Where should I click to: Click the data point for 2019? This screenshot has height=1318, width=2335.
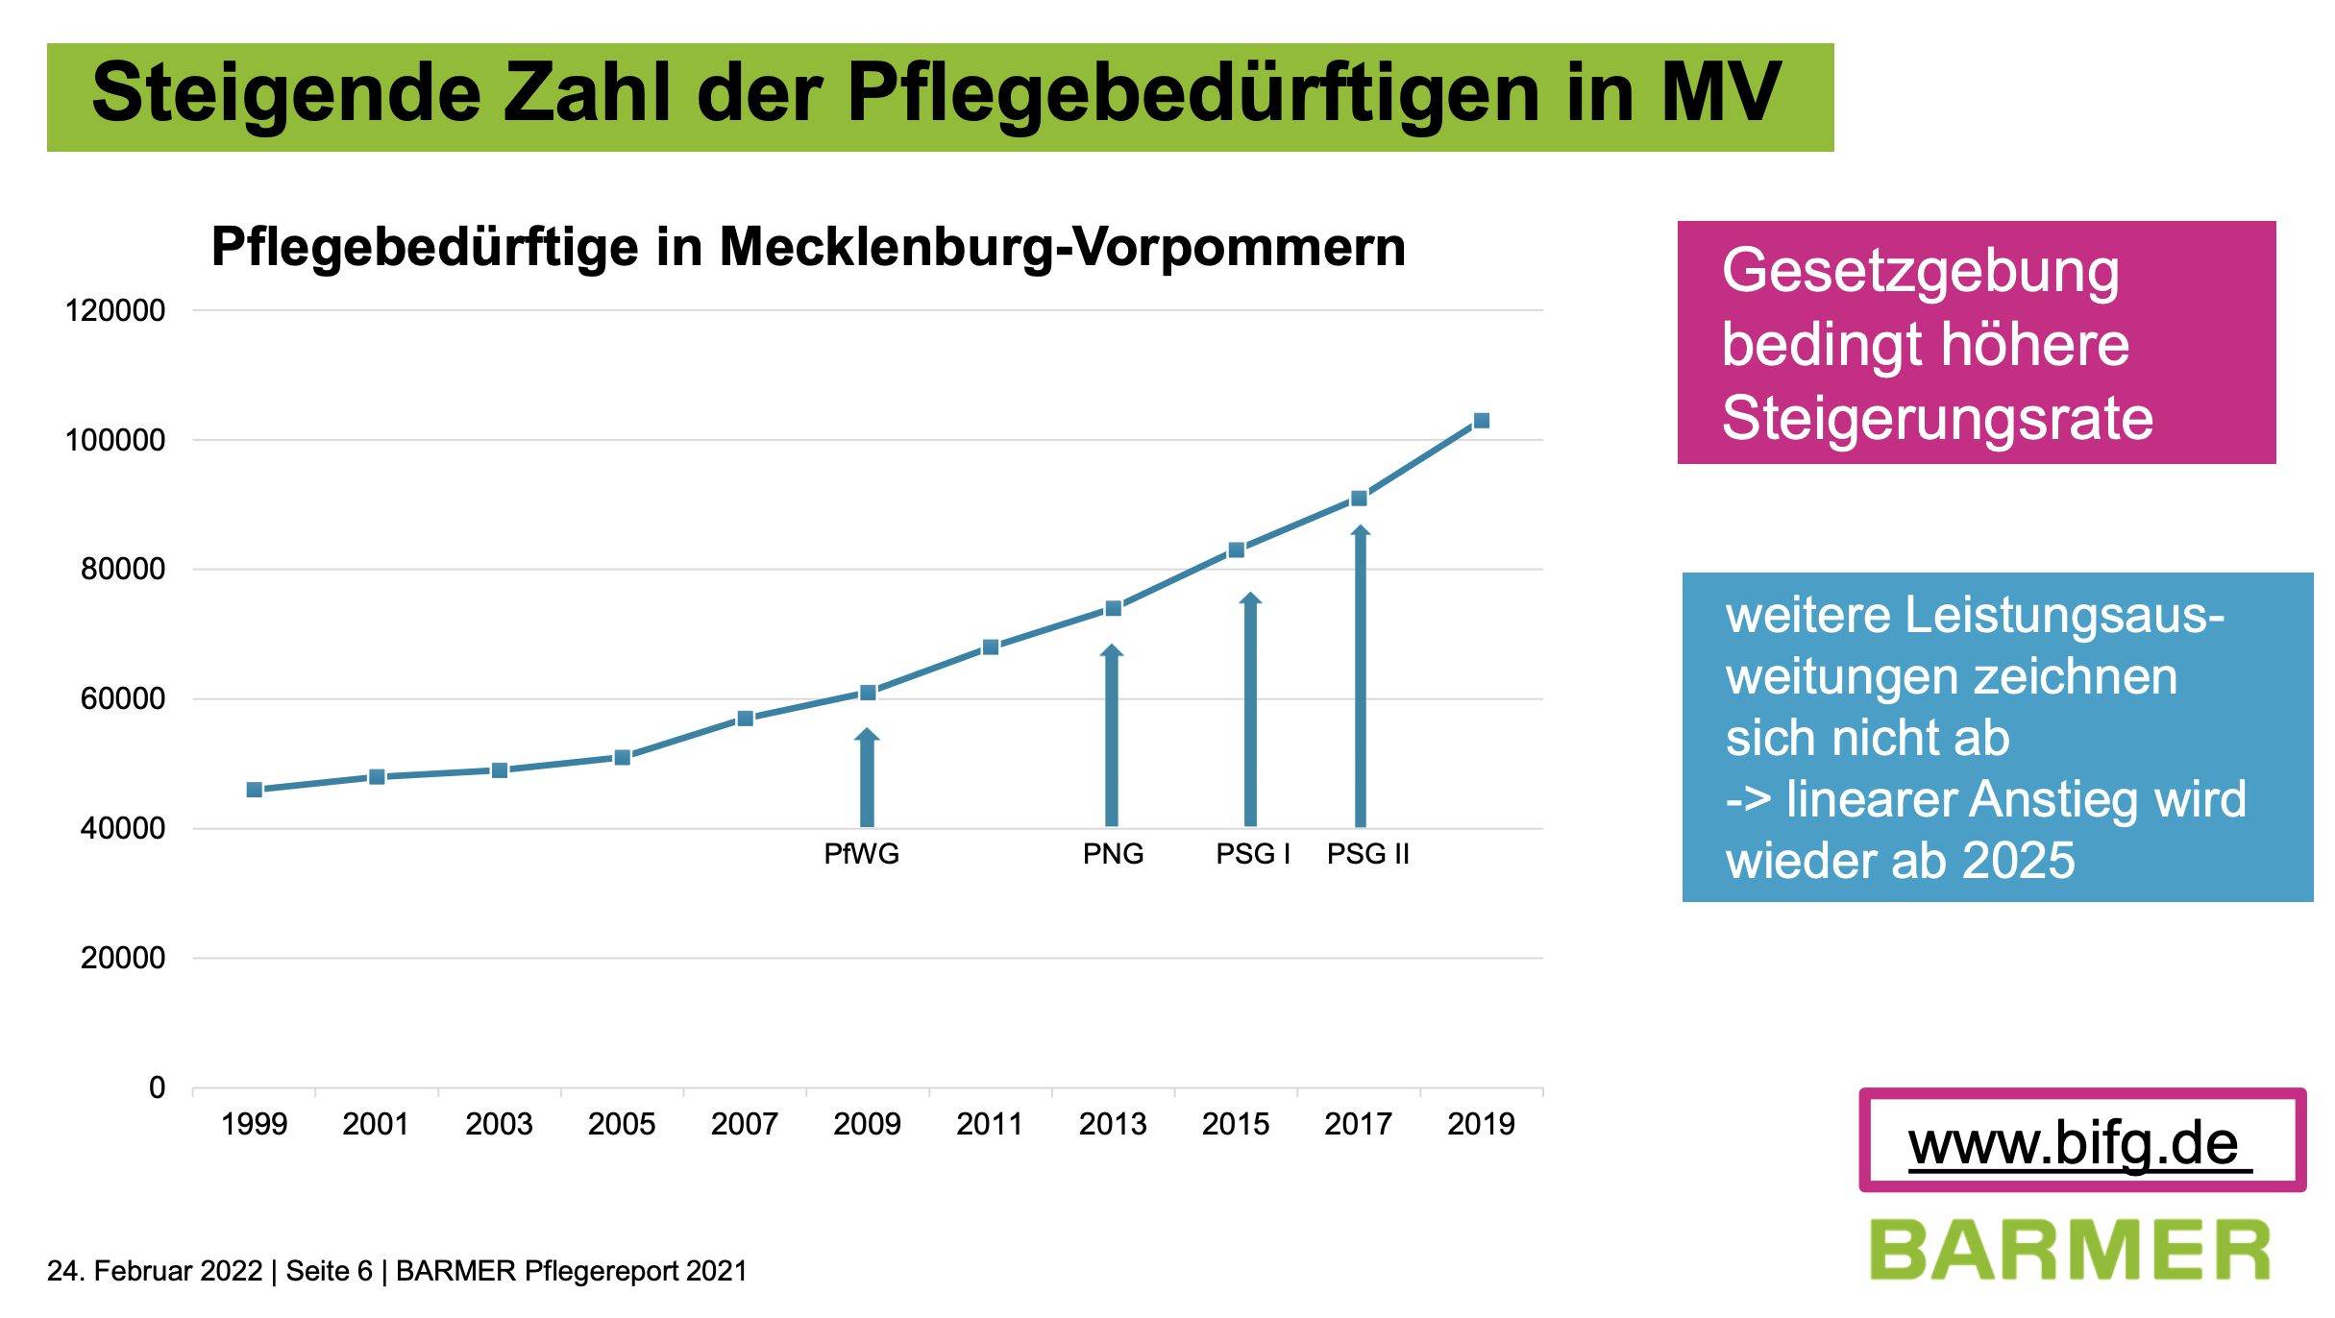pos(1481,421)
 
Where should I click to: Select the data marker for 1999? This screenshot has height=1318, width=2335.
pos(255,790)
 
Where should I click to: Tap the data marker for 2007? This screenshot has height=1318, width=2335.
pos(745,719)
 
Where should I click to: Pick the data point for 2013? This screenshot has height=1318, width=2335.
pos(1113,608)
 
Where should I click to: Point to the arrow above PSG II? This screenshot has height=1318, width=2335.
pos(1360,672)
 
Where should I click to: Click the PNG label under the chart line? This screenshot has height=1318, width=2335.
pos(1113,853)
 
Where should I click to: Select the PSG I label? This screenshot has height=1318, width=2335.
pos(1252,853)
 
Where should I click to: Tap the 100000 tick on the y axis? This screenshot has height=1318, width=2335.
pos(114,440)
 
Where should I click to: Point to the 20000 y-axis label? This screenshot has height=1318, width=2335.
pos(122,958)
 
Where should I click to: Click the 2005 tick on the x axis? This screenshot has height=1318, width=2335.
pos(622,1123)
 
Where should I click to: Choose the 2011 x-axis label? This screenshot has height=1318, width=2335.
pos(990,1123)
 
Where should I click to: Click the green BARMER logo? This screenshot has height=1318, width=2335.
pos(2070,1250)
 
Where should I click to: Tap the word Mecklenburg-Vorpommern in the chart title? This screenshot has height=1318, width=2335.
pos(1062,247)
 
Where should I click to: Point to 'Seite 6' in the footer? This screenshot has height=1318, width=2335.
pos(329,1271)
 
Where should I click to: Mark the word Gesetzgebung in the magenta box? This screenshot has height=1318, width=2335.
pos(1920,270)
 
